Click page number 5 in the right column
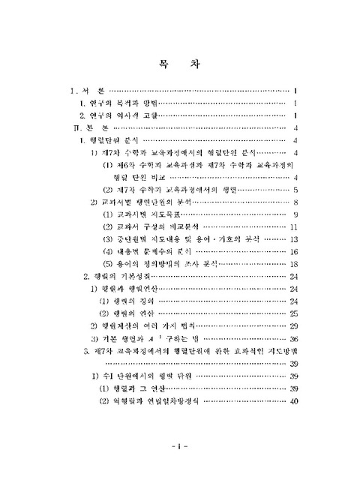coord(297,190)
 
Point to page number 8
coord(297,202)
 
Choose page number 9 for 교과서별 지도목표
coord(297,215)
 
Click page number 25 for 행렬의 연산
coord(295,313)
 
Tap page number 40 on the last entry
coord(295,401)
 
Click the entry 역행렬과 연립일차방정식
coord(157,401)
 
